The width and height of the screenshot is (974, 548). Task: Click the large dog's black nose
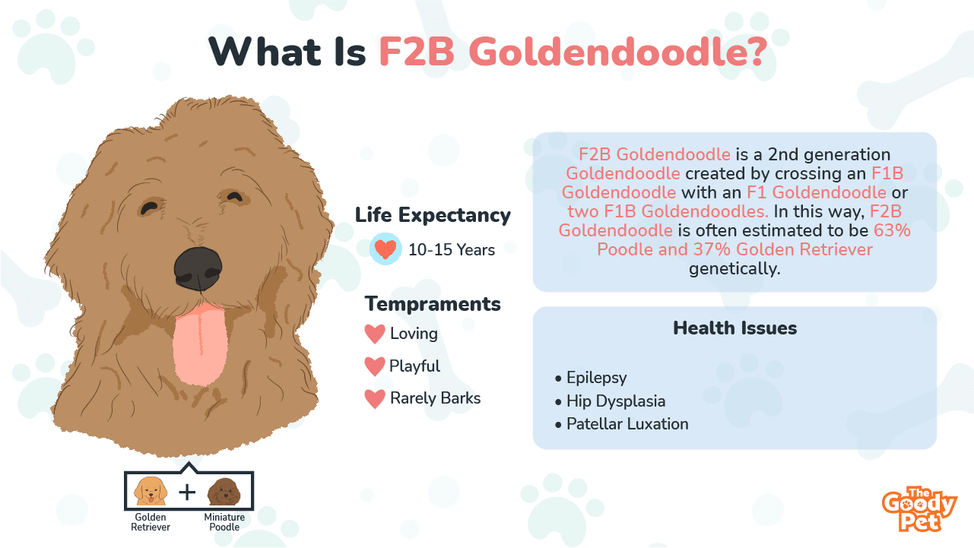pyautogui.click(x=198, y=269)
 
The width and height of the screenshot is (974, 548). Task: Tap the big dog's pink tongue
pyautogui.click(x=200, y=346)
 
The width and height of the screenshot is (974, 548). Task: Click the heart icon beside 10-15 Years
pyautogui.click(x=385, y=249)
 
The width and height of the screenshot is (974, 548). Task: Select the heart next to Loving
pyautogui.click(x=375, y=334)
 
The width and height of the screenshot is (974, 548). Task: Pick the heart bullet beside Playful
pyautogui.click(x=375, y=366)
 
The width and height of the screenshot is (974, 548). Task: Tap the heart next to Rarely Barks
pyautogui.click(x=375, y=398)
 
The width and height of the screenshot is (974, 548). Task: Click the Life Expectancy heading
pyautogui.click(x=433, y=215)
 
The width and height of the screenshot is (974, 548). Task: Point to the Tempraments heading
pyautogui.click(x=433, y=304)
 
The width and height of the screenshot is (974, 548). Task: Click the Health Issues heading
pyautogui.click(x=734, y=328)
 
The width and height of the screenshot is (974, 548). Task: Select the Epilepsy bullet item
pyautogui.click(x=591, y=378)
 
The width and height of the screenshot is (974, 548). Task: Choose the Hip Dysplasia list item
pyautogui.click(x=610, y=401)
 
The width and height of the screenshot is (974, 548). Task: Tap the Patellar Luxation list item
pyautogui.click(x=622, y=424)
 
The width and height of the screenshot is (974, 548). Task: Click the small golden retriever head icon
pyautogui.click(x=151, y=491)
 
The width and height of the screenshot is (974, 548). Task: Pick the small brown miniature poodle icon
pyautogui.click(x=224, y=492)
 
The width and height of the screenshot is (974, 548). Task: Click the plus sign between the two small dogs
pyautogui.click(x=187, y=493)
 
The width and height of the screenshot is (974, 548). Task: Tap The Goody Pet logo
pyautogui.click(x=919, y=509)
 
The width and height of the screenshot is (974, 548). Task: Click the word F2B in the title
pyautogui.click(x=416, y=52)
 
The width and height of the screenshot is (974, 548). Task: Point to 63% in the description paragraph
pyautogui.click(x=892, y=230)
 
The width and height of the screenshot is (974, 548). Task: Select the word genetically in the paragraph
pyautogui.click(x=734, y=268)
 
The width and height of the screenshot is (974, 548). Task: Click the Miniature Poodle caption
pyautogui.click(x=224, y=522)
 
